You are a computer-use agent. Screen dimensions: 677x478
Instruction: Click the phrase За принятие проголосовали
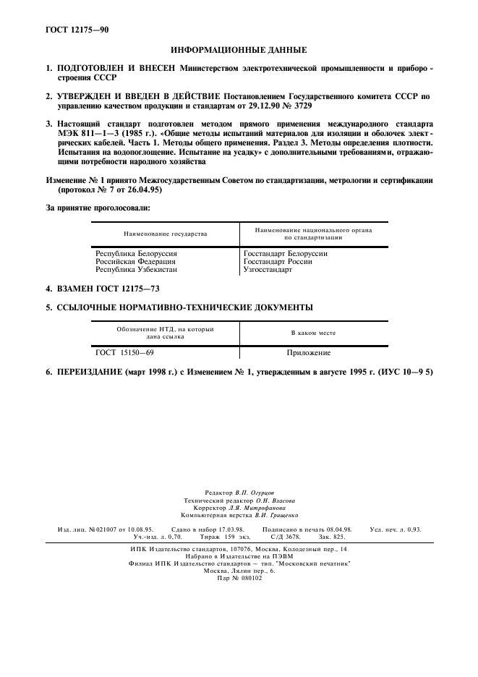pyautogui.click(x=98, y=208)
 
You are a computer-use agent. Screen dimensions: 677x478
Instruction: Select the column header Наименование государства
pyautogui.click(x=166, y=234)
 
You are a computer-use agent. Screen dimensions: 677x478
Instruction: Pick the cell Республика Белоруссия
pyautogui.click(x=137, y=254)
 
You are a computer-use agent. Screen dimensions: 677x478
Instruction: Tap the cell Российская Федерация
pyautogui.click(x=135, y=262)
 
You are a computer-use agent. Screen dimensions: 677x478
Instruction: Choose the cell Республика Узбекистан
pyautogui.click(x=136, y=270)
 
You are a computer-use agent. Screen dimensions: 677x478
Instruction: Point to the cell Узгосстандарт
pyautogui.click(x=268, y=270)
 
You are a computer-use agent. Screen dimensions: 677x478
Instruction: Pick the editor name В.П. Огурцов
pyautogui.click(x=255, y=493)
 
